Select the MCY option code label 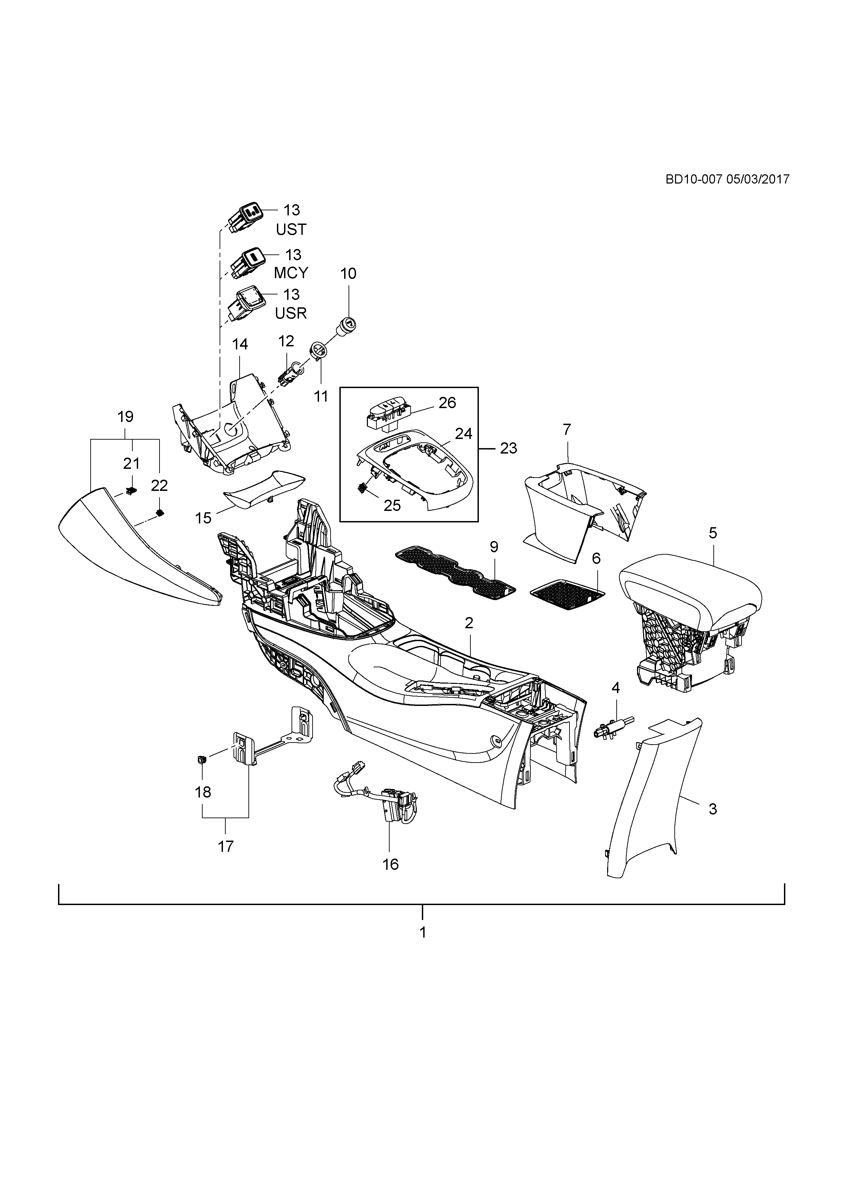coord(291,273)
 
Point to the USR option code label coord(291,313)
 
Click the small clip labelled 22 coord(160,513)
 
